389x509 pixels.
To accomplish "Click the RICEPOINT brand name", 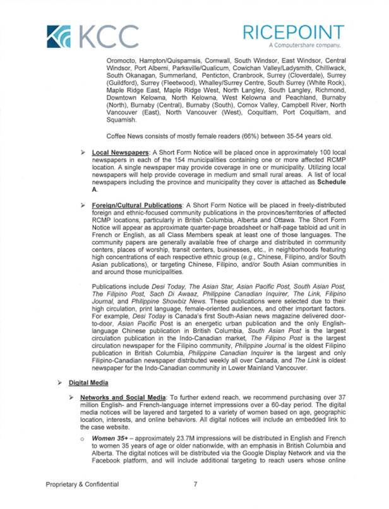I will point(298,32).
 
